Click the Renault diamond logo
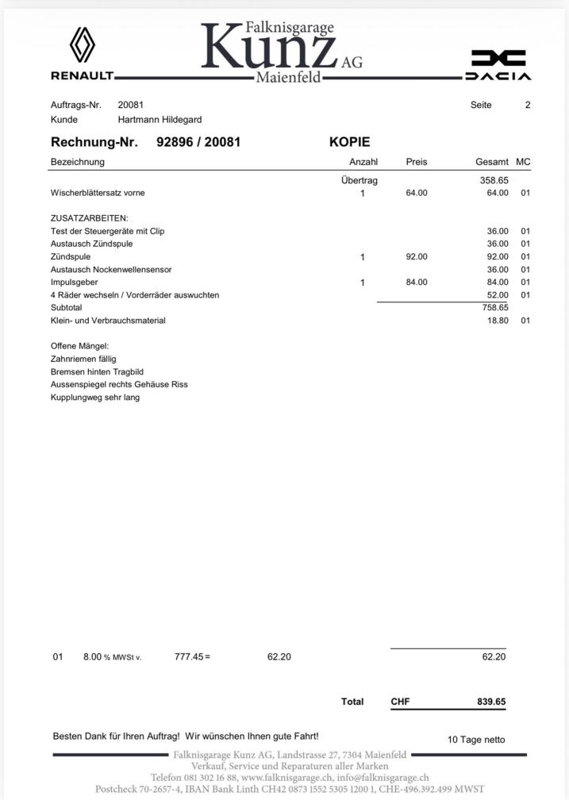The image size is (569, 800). pos(83,44)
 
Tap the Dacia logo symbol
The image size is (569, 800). pos(498,58)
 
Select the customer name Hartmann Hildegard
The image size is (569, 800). pos(160,120)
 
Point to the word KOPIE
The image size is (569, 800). pos(349,143)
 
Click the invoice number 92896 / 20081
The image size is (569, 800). pos(198,143)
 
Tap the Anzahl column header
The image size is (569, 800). pos(363,162)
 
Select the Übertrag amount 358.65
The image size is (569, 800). pos(494,180)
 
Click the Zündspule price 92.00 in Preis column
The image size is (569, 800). pos(417,256)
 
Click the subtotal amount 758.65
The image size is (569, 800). pos(494,307)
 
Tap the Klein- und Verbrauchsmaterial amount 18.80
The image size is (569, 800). pos(498,321)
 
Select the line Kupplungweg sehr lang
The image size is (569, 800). pos(95,397)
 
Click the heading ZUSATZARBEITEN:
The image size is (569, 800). pos(89,217)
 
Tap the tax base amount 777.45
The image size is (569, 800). pos(189,656)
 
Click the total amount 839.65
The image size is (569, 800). pos(491,702)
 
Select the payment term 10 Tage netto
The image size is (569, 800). pos(476,740)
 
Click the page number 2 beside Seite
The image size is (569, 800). pos(528,105)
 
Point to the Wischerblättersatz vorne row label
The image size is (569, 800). pos(98,193)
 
